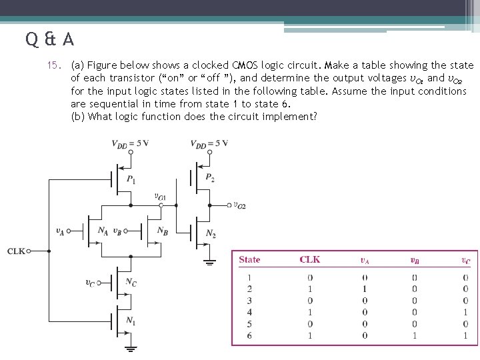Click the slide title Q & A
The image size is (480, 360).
tap(51, 39)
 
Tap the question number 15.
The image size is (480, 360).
tap(55, 65)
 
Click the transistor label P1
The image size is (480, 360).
tap(131, 179)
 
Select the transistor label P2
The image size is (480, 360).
tap(210, 178)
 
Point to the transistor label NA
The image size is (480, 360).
tap(103, 231)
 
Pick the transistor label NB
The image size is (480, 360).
tap(162, 231)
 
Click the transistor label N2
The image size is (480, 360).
tap(211, 233)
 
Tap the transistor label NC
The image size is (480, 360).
tap(131, 283)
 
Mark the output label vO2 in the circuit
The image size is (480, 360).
tap(239, 205)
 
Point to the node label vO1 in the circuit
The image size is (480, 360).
tap(160, 197)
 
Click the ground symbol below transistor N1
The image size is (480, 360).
tap(131, 347)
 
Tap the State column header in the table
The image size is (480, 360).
tap(249, 260)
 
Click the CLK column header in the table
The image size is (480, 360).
tap(310, 260)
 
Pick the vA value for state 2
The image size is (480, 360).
tap(365, 289)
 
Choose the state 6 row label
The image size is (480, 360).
tap(249, 335)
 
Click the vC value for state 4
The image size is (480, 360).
tap(465, 312)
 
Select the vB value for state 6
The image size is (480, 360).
tap(414, 335)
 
